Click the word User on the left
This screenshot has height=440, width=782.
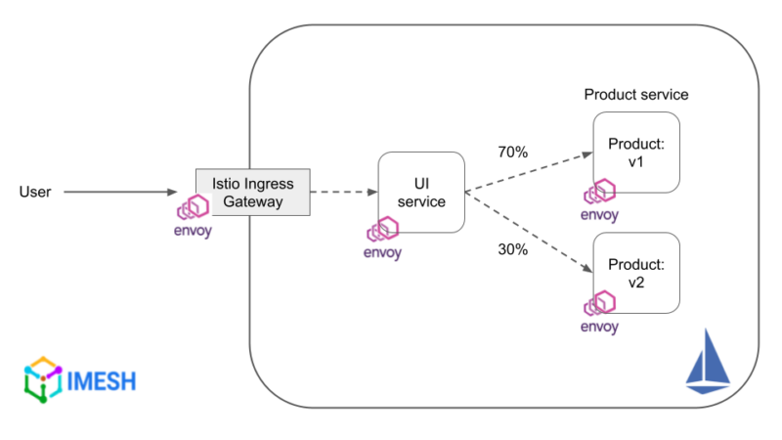coord(35,192)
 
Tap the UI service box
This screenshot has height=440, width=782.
coord(421,192)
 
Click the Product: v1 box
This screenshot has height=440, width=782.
coord(636,153)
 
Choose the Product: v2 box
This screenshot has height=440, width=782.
coord(636,273)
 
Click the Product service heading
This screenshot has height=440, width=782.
coord(636,95)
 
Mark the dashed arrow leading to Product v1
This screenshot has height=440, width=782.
coord(528,173)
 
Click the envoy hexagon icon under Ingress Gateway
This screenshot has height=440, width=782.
coord(193,207)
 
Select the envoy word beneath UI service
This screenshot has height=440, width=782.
coord(382,251)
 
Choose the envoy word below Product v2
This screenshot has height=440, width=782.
coord(599,327)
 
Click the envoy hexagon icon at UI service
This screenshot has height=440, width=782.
coord(382,231)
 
